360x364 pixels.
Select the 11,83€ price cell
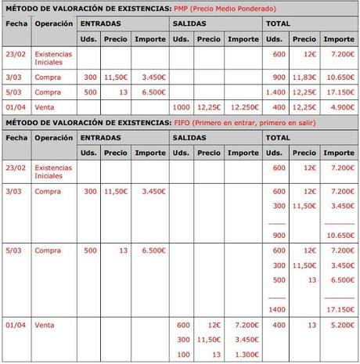(x=305, y=77)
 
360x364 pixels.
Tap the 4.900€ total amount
(x=340, y=107)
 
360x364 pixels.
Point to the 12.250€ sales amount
(x=244, y=107)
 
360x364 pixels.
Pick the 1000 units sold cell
(x=182, y=107)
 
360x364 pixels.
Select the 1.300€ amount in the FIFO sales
(x=246, y=354)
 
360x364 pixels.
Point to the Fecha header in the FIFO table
(x=16, y=137)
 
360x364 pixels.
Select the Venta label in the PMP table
(x=44, y=107)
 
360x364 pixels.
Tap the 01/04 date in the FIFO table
(x=16, y=324)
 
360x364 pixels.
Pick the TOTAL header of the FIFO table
(x=279, y=137)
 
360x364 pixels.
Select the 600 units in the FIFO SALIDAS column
(x=184, y=324)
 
